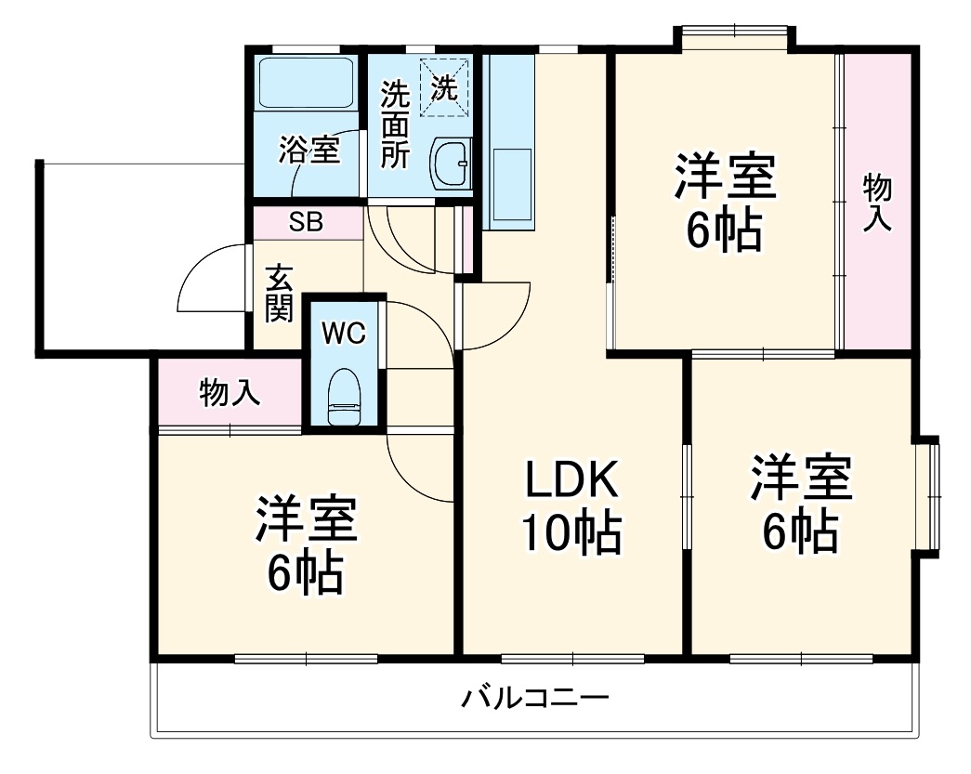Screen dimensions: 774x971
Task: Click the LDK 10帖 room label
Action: tap(571, 506)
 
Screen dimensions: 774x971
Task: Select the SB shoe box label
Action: tap(306, 223)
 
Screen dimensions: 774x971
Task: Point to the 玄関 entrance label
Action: tap(279, 295)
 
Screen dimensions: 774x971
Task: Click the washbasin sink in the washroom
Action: tap(452, 164)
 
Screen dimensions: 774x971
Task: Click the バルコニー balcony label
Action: tap(535, 698)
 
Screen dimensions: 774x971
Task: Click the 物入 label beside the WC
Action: tap(230, 394)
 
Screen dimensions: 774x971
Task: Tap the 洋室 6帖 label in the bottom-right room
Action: tap(801, 503)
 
